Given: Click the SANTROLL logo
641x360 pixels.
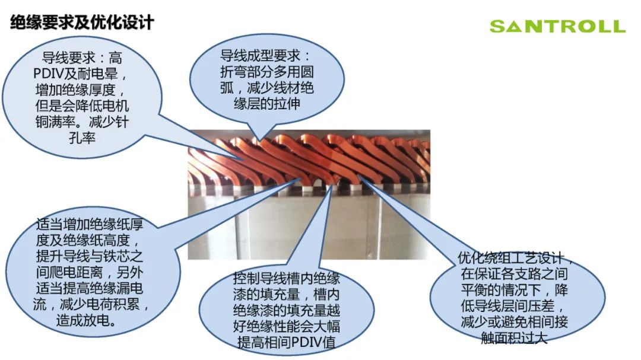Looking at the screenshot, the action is tap(557, 27).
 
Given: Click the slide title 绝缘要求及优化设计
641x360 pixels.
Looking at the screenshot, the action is tap(82, 23).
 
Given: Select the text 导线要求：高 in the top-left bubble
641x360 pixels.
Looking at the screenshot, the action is tap(82, 59).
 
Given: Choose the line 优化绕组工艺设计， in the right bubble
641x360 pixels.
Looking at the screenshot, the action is tap(516, 260).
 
